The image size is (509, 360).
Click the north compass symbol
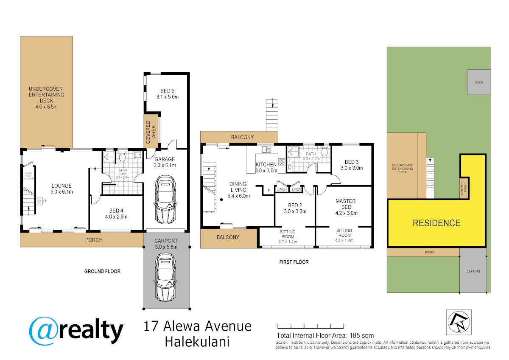459,322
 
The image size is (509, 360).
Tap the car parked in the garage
165,200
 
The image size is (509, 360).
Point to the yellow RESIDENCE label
436,223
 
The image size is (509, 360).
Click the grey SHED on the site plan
478,82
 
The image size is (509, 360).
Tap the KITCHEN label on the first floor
266,164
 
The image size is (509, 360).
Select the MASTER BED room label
346,204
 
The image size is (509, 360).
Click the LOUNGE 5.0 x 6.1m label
62,189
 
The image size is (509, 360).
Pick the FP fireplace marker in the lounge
45,201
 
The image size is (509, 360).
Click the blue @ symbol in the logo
44,331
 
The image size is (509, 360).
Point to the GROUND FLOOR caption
102,271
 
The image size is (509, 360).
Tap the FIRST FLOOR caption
294,262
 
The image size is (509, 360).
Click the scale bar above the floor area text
310,326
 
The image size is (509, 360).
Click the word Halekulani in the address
197,342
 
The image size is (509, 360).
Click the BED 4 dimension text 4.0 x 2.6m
116,217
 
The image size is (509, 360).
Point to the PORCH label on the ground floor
94,240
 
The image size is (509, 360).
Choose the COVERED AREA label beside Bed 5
151,132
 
